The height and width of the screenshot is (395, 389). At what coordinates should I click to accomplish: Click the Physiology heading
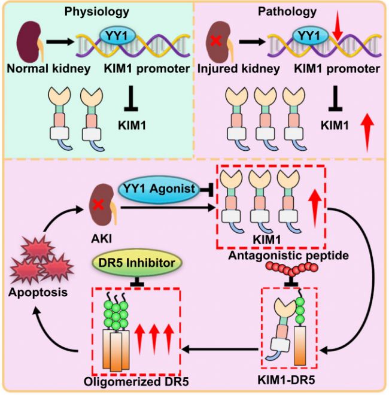point(97,12)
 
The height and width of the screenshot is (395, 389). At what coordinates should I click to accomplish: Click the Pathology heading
point(287,11)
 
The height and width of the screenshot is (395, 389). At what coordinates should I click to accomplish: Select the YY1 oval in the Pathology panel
point(310,36)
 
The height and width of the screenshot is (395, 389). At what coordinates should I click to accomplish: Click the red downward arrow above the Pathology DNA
point(338,31)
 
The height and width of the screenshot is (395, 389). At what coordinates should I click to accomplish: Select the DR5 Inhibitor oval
point(137,263)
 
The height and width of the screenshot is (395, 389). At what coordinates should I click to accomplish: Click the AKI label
point(101,239)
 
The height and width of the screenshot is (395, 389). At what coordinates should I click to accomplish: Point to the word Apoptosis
point(38,293)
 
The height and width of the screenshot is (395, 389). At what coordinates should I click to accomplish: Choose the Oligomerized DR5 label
point(136,382)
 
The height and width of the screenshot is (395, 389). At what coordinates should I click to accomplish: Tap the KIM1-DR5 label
point(286,381)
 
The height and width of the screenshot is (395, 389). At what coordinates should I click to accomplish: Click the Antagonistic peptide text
point(288,256)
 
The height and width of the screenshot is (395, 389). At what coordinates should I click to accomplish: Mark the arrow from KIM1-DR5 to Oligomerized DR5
point(220,350)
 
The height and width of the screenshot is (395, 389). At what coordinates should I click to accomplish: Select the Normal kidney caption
point(48,69)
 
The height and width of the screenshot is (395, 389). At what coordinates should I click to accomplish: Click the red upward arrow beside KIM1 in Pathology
point(367,132)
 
